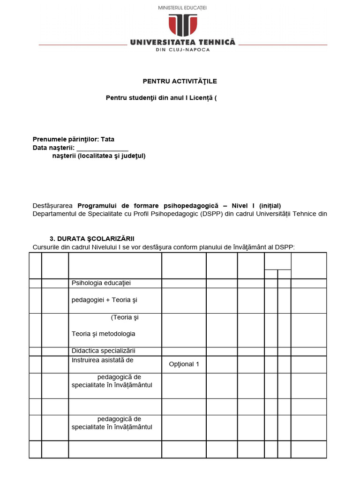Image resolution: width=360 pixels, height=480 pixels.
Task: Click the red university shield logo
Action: (x=183, y=25)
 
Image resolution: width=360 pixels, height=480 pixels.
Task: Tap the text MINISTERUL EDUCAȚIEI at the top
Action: (x=183, y=8)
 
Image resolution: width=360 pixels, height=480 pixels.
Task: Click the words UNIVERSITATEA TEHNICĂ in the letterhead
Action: (x=183, y=42)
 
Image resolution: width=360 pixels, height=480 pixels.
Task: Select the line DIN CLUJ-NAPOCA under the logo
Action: (x=183, y=50)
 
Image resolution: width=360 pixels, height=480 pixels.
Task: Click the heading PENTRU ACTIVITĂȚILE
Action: (x=180, y=81)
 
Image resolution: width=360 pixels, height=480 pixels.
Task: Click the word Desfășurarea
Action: (x=52, y=206)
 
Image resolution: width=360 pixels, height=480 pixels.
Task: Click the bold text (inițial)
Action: (x=269, y=206)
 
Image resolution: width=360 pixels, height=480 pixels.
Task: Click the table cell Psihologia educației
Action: (x=101, y=283)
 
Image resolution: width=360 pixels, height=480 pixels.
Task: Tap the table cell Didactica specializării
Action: (x=103, y=351)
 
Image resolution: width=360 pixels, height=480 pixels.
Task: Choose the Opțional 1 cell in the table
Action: (x=184, y=364)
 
